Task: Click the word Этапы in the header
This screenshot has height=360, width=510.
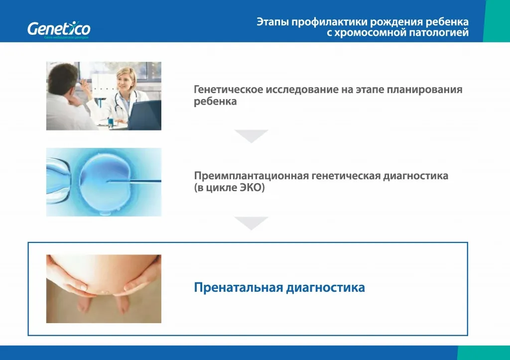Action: coord(272,22)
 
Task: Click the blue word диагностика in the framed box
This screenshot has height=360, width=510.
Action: coord(325,288)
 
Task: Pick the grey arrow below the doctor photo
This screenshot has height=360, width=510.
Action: coord(251,136)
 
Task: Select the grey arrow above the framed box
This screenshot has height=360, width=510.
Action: coord(251,223)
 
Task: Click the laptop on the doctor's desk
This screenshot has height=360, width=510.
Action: coord(145,115)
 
